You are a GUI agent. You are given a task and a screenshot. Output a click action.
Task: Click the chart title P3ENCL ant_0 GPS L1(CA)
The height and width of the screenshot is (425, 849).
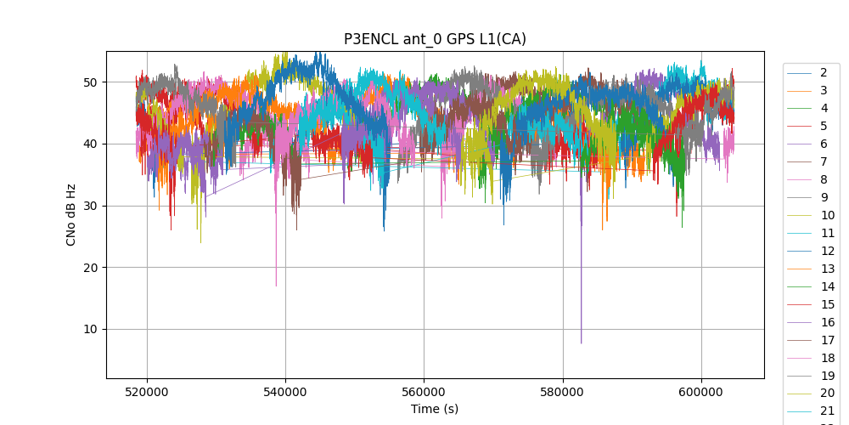tap(435, 39)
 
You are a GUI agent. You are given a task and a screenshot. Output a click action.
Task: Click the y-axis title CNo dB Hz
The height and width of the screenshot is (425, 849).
tap(71, 214)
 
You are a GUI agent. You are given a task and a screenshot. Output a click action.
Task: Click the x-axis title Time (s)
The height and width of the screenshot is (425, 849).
tap(435, 409)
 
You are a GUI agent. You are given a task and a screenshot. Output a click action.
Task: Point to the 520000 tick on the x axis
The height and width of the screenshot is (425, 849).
tap(147, 392)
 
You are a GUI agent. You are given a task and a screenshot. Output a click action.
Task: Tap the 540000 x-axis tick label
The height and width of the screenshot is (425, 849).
tap(285, 392)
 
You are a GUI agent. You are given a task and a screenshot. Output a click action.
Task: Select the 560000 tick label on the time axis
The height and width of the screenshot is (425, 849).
tap(424, 392)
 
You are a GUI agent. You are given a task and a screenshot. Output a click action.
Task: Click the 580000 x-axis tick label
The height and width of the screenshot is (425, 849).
tap(563, 392)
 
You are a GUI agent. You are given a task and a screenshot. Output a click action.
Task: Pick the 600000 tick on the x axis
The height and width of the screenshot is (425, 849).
tap(701, 392)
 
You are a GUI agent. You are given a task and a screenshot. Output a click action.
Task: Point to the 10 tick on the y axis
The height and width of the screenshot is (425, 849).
tap(90, 329)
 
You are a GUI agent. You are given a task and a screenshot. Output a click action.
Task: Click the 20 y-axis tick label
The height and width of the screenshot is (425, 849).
tap(90, 267)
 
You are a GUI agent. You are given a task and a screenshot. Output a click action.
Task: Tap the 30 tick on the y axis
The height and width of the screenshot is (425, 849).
tap(90, 206)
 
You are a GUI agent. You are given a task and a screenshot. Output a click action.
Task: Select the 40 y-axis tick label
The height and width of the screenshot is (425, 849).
tap(90, 144)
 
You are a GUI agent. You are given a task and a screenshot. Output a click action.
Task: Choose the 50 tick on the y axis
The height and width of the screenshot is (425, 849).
tap(90, 82)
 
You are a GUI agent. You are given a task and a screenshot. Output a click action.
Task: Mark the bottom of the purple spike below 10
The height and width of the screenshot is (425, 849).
tap(581, 343)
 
